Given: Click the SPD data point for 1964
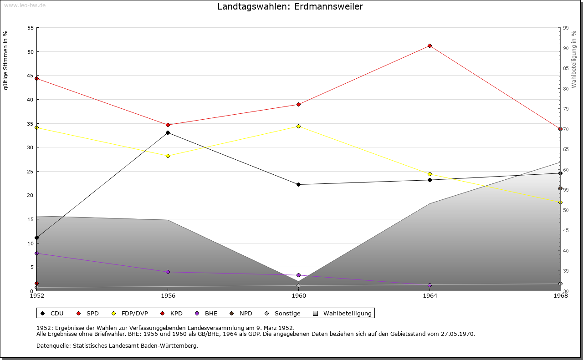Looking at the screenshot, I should (430, 46).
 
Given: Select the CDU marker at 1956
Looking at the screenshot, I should (168, 132).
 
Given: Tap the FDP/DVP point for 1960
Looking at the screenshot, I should (298, 126).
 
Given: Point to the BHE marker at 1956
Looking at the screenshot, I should (168, 272).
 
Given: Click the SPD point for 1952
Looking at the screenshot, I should (36, 78).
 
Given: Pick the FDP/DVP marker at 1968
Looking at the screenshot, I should (560, 202).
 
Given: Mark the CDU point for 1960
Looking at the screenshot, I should (298, 184).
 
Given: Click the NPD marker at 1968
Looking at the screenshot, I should (560, 188).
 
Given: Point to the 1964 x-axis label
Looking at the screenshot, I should (430, 296).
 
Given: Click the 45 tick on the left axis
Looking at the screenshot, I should (31, 76).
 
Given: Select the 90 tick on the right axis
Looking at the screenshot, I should (566, 48).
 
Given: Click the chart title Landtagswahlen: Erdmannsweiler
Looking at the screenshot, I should (290, 6).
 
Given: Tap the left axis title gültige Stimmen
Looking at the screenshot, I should (5, 60).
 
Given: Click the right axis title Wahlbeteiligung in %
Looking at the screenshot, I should (574, 59).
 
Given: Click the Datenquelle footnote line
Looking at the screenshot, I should (117, 345).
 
